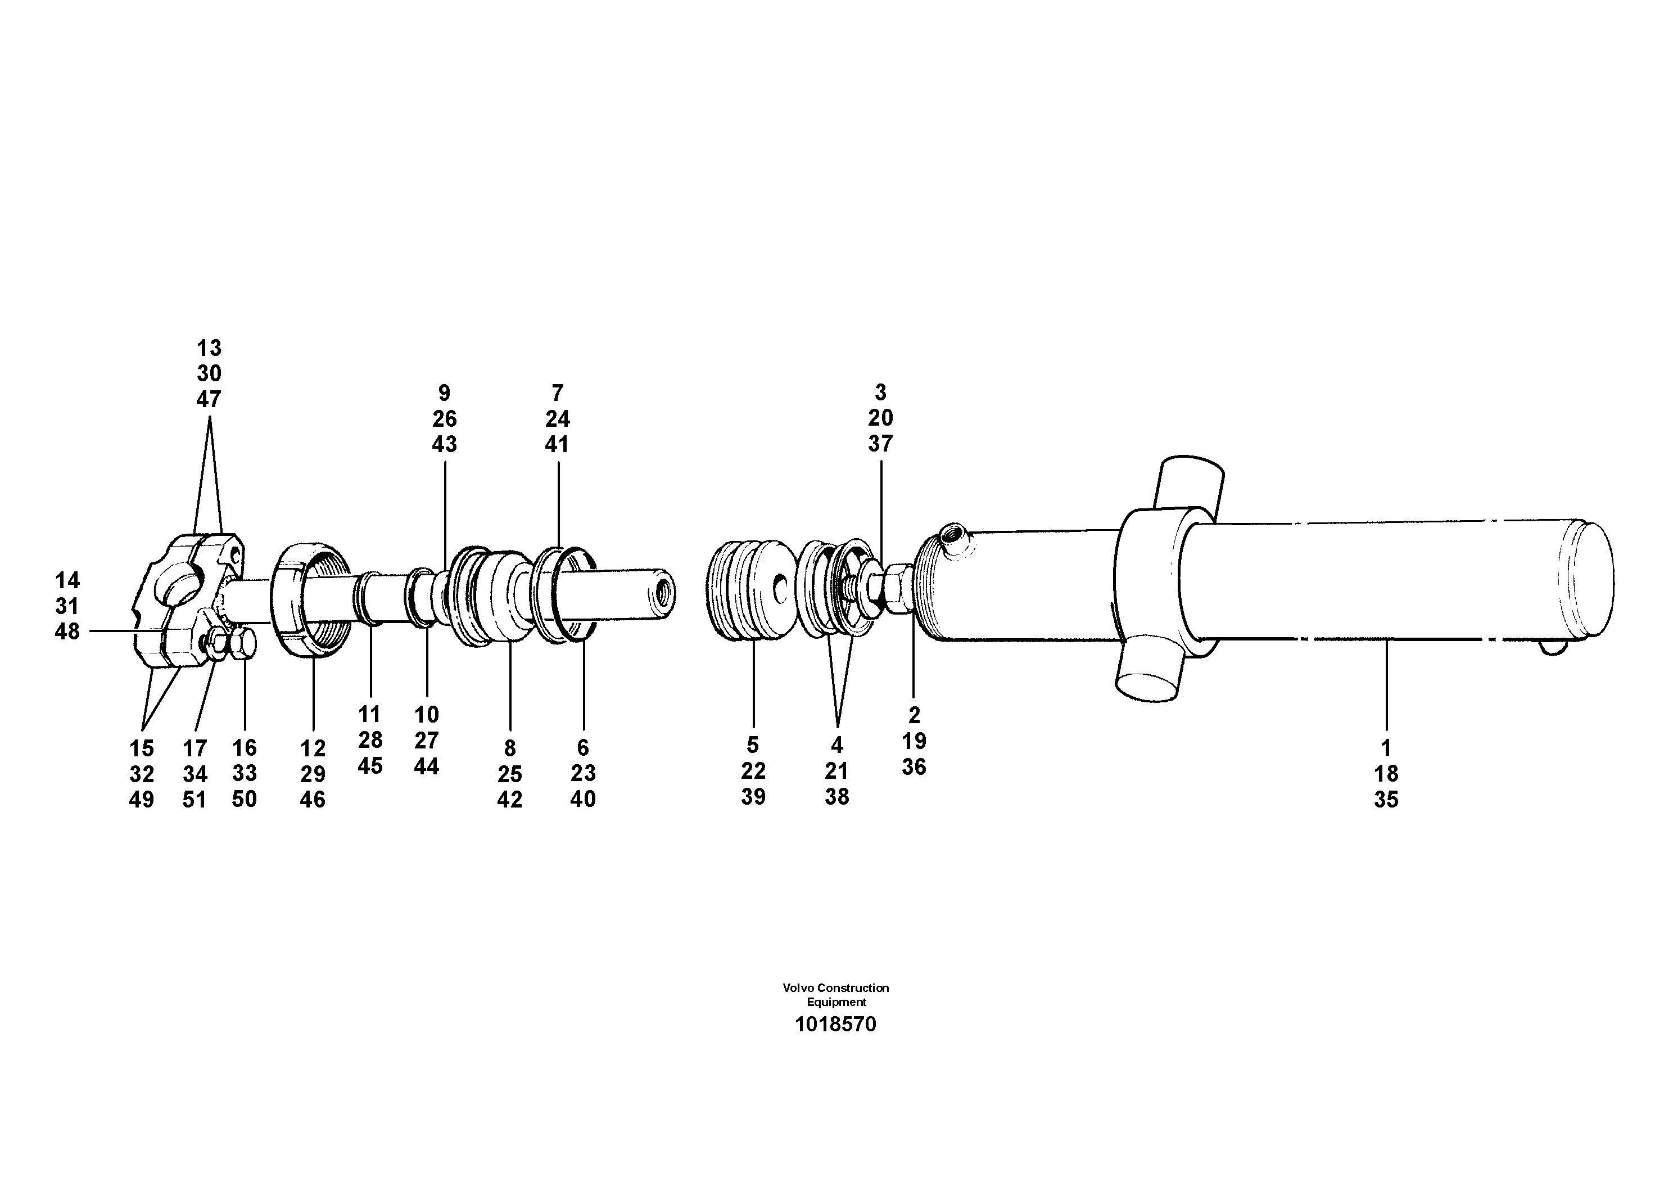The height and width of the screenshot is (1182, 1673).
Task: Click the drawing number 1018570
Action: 835,1025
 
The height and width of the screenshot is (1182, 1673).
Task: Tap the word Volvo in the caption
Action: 798,988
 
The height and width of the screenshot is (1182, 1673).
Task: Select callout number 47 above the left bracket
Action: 209,399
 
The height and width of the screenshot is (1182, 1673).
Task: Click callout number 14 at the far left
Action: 68,581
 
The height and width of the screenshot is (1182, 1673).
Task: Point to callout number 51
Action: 195,800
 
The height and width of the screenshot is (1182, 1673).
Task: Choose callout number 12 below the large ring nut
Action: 313,748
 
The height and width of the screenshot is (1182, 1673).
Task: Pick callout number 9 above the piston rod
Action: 445,394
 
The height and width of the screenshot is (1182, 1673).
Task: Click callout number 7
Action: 558,394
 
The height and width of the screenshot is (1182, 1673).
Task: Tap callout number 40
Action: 583,800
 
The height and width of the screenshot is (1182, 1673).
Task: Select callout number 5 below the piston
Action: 753,745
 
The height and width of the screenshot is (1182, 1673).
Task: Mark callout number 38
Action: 837,796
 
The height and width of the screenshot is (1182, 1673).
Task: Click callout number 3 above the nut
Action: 880,393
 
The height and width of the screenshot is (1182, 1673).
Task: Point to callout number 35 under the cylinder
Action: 1386,800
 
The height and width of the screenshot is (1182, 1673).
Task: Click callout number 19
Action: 914,741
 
